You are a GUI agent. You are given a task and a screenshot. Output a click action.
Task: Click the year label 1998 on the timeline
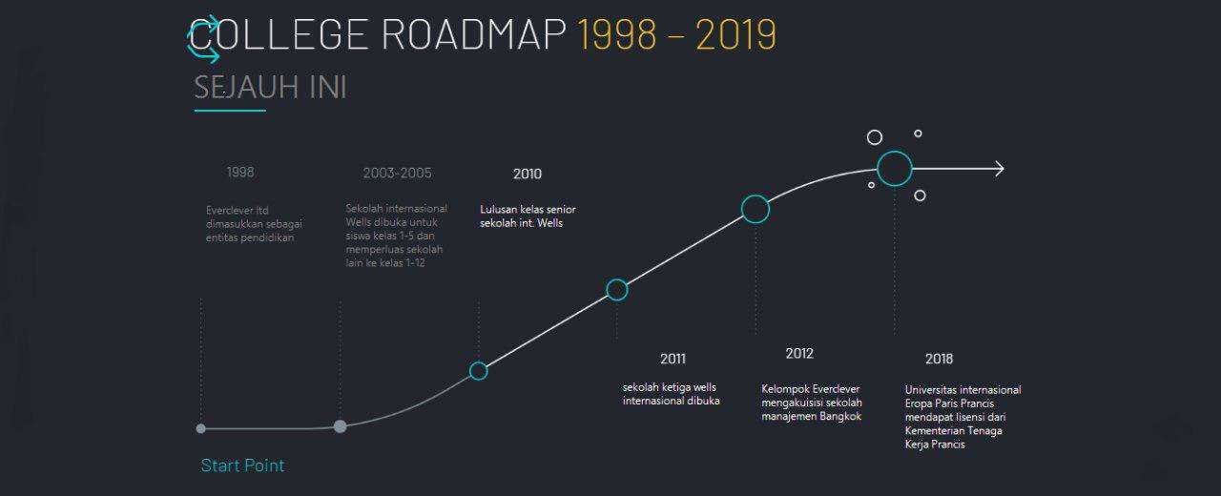click(240, 173)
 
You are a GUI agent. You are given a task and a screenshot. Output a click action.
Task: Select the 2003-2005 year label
click(398, 173)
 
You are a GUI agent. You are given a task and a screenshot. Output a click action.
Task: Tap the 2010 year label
click(528, 174)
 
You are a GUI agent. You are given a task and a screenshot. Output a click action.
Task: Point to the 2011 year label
click(673, 359)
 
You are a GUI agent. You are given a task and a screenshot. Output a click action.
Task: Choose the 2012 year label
click(799, 353)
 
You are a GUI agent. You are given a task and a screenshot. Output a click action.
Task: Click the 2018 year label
click(939, 359)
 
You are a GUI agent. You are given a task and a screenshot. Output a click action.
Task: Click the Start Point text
click(242, 465)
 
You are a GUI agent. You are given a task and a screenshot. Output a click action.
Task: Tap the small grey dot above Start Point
click(200, 428)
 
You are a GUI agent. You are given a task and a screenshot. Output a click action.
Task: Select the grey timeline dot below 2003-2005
click(340, 426)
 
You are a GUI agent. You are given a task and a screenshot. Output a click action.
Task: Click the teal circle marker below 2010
click(478, 362)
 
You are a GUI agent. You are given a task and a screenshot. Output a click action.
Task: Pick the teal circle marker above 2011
click(617, 279)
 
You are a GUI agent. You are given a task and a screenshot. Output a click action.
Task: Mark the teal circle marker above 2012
click(755, 196)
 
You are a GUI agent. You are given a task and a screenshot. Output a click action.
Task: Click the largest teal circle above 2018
click(895, 152)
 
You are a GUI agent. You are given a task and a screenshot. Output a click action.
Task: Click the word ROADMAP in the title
click(474, 34)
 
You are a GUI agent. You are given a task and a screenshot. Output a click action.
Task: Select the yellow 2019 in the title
click(735, 34)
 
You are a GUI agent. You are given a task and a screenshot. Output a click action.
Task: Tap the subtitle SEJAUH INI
click(270, 87)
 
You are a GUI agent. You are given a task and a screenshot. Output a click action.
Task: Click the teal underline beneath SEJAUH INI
click(230, 111)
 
